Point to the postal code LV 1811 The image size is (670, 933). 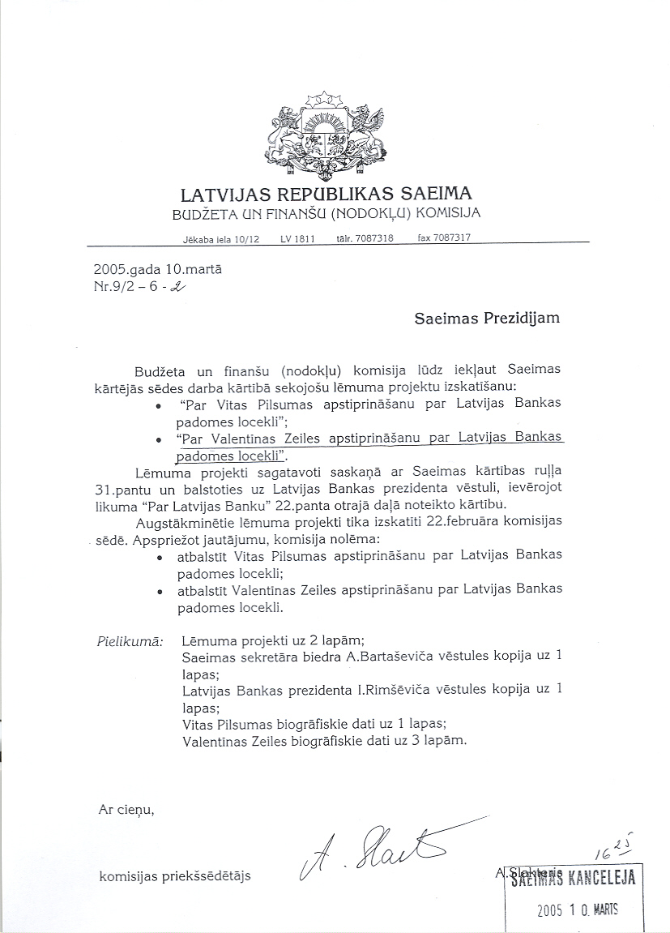point(297,239)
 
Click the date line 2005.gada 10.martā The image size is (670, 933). point(158,268)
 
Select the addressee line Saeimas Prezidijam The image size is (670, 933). point(486,318)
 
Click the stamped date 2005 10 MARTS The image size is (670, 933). point(577,909)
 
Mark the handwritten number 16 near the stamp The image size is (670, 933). point(601,853)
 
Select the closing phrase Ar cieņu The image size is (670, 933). point(125,809)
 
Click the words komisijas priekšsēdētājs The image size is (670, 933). point(175,875)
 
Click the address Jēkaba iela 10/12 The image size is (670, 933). point(221,240)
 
